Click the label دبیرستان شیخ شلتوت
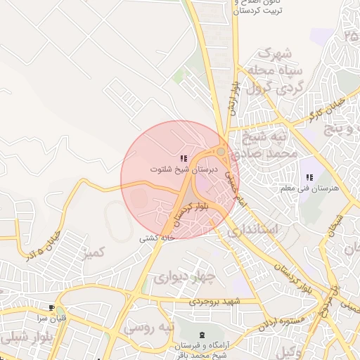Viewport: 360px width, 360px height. point(184,169)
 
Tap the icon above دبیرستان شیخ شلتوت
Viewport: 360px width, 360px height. point(184,159)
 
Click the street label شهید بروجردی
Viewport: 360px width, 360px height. point(214,302)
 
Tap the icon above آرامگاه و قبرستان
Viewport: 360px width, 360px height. point(203,335)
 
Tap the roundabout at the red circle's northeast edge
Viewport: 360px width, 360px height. point(221,151)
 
